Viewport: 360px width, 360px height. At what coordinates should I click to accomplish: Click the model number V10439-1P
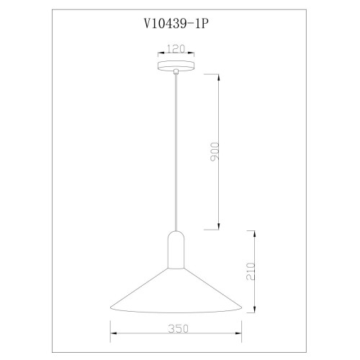(175, 24)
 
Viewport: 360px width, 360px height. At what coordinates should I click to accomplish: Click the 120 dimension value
(176, 49)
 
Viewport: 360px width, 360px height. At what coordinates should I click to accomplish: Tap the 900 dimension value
(215, 152)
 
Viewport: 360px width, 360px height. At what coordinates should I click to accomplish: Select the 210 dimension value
(251, 271)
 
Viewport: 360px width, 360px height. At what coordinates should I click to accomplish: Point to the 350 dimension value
(178, 328)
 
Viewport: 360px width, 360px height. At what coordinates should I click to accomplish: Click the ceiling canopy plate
(176, 66)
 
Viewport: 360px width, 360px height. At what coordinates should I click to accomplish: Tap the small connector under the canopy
(176, 71)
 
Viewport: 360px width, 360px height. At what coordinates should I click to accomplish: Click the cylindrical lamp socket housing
(176, 250)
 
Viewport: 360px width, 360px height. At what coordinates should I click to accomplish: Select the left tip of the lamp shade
(110, 307)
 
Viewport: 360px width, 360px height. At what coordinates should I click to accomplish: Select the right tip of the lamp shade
(242, 307)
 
